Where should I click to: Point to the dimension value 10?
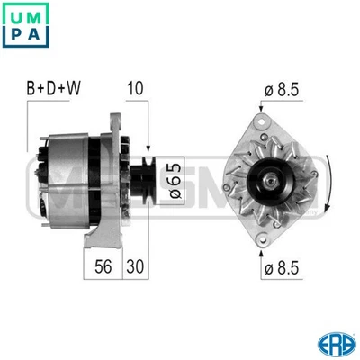coord(136,88)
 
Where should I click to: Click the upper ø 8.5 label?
coord(280,89)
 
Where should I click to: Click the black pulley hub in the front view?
coord(269,177)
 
